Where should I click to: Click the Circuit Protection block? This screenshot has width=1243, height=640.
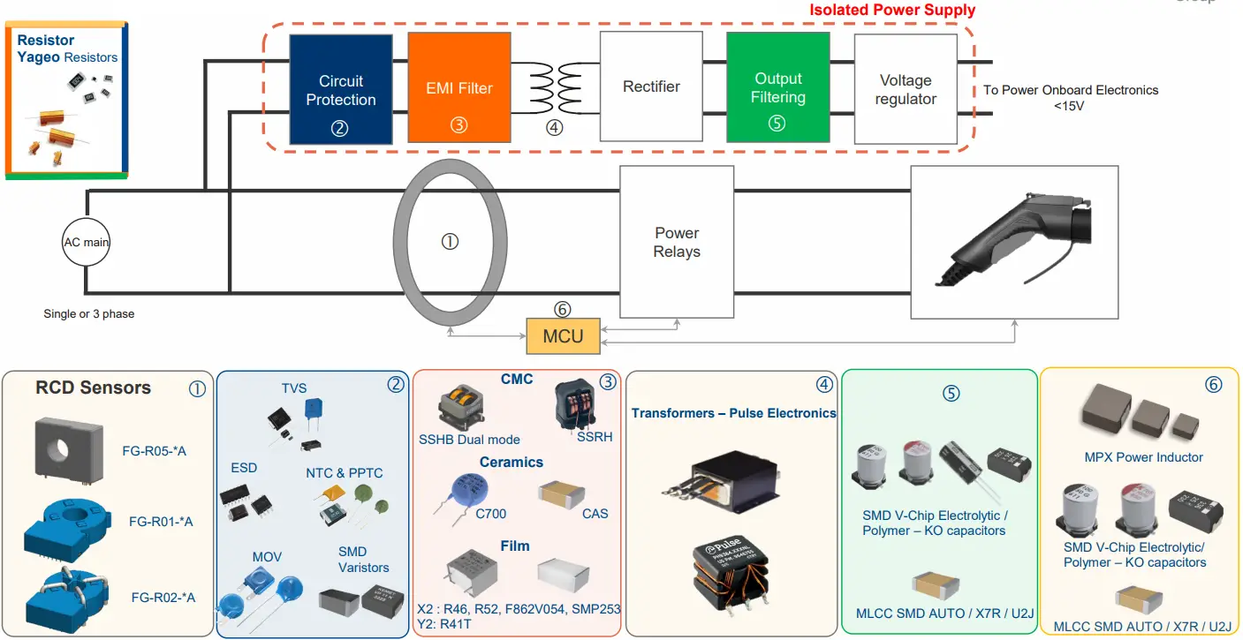tap(341, 89)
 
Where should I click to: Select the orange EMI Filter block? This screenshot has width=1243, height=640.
tap(459, 88)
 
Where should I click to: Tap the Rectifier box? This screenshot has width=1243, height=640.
tap(651, 87)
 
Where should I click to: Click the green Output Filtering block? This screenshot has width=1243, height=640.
tap(777, 87)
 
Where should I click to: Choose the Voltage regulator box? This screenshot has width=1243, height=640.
tap(906, 89)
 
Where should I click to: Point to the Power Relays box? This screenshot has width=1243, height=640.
tap(677, 242)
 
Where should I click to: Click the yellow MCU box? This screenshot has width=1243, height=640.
tap(563, 336)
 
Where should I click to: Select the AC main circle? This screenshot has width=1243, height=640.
tap(86, 242)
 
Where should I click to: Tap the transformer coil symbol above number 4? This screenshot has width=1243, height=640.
tap(553, 88)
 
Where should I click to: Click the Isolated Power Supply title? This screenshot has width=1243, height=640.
tap(892, 11)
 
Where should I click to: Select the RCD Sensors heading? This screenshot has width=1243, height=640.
tap(93, 388)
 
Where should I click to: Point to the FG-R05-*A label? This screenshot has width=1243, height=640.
tap(155, 452)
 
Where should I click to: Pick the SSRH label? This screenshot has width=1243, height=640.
tap(595, 436)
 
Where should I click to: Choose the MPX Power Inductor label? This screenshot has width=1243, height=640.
tap(1143, 457)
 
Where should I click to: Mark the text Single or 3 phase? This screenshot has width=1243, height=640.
tap(89, 313)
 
